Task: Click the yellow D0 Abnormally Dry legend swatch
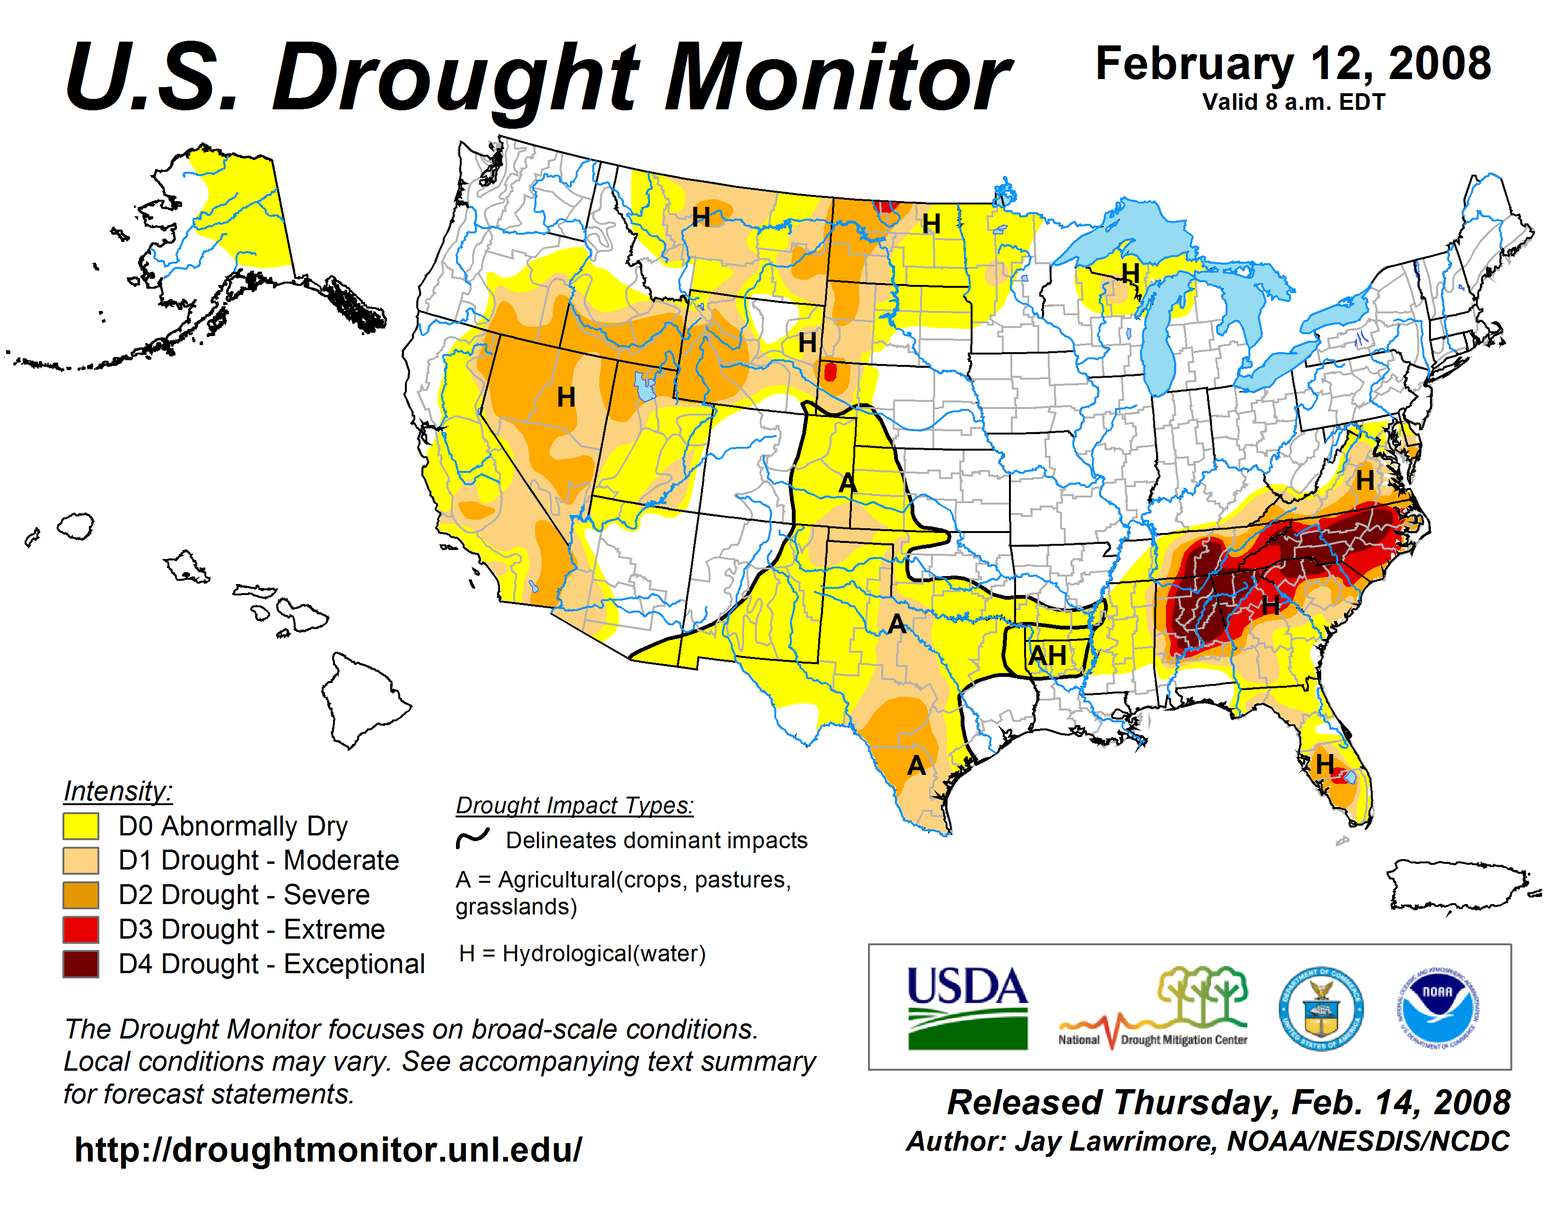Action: click(81, 826)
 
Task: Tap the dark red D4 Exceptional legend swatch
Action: click(81, 964)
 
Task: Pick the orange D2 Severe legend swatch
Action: click(81, 895)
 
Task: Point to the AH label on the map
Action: click(1047, 655)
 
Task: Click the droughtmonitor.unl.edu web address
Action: click(329, 1150)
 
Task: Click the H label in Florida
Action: click(1324, 763)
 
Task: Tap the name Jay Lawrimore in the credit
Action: click(1115, 1141)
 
